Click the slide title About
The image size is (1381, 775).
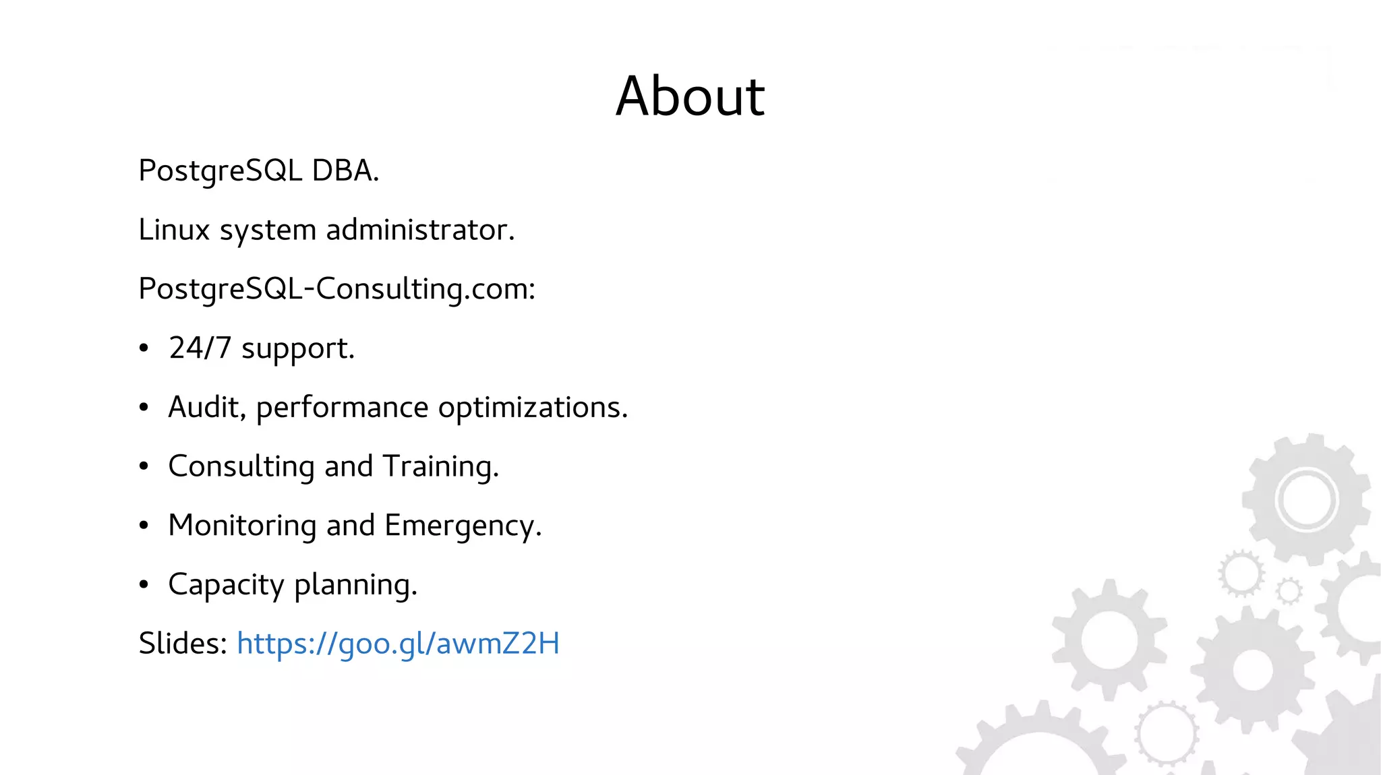pos(690,96)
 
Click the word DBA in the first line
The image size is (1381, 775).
pos(344,170)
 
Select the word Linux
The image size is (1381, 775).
pos(174,230)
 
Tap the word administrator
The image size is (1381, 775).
pos(419,230)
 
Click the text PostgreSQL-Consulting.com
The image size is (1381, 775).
pos(336,289)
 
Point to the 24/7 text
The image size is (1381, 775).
pos(200,348)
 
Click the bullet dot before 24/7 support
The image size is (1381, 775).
pos(144,348)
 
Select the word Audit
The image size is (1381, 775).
pos(206,408)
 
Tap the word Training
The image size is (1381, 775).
pos(440,466)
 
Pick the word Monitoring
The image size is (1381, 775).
pos(242,526)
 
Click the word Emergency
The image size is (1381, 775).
pos(462,526)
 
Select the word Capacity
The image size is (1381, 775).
pos(226,585)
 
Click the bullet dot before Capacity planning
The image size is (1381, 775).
pos(144,585)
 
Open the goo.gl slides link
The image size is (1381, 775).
pos(398,644)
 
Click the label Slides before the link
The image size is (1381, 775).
pos(183,644)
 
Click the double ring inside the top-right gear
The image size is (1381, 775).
pos(1306,500)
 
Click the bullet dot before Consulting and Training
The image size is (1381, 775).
pos(144,466)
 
